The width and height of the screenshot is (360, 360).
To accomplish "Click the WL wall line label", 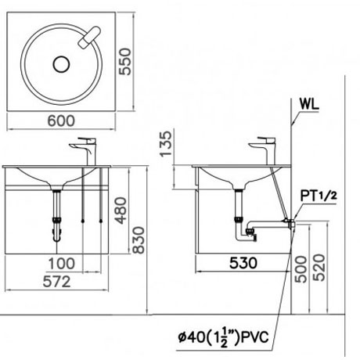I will point(308,102).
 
